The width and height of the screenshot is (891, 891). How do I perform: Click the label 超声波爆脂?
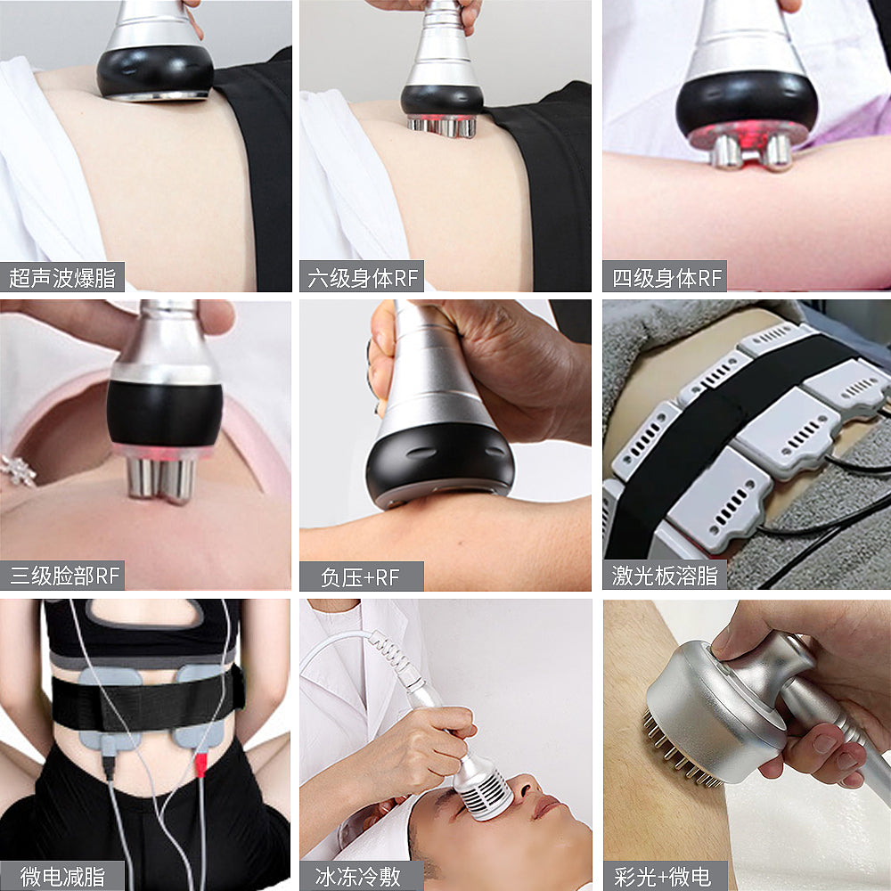62,277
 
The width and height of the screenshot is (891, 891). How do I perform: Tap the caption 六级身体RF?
362,277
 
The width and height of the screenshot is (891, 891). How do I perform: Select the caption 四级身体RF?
665,277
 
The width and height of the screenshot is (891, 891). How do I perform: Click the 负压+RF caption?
360,576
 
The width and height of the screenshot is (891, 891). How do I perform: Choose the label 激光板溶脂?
665,576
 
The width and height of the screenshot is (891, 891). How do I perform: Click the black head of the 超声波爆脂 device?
155,71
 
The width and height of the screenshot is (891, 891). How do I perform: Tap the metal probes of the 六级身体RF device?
441,127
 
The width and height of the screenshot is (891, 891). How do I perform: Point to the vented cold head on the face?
482,789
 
